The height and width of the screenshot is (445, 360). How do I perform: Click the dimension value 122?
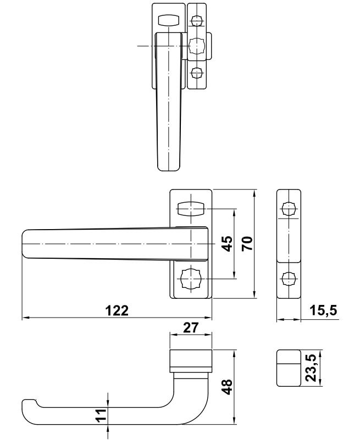(117, 310)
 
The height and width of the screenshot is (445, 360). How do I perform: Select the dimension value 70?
(247, 243)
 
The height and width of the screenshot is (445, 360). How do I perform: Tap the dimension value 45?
(228, 243)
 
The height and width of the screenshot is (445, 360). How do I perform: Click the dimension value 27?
(190, 329)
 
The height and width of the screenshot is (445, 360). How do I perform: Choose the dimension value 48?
(228, 387)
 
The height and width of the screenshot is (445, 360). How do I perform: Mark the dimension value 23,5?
(311, 368)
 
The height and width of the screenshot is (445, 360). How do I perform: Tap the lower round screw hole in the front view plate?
(190, 279)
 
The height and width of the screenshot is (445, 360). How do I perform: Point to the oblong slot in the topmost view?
(168, 20)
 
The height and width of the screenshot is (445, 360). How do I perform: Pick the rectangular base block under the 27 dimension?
(190, 358)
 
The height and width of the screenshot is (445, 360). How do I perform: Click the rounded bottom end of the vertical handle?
(168, 165)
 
